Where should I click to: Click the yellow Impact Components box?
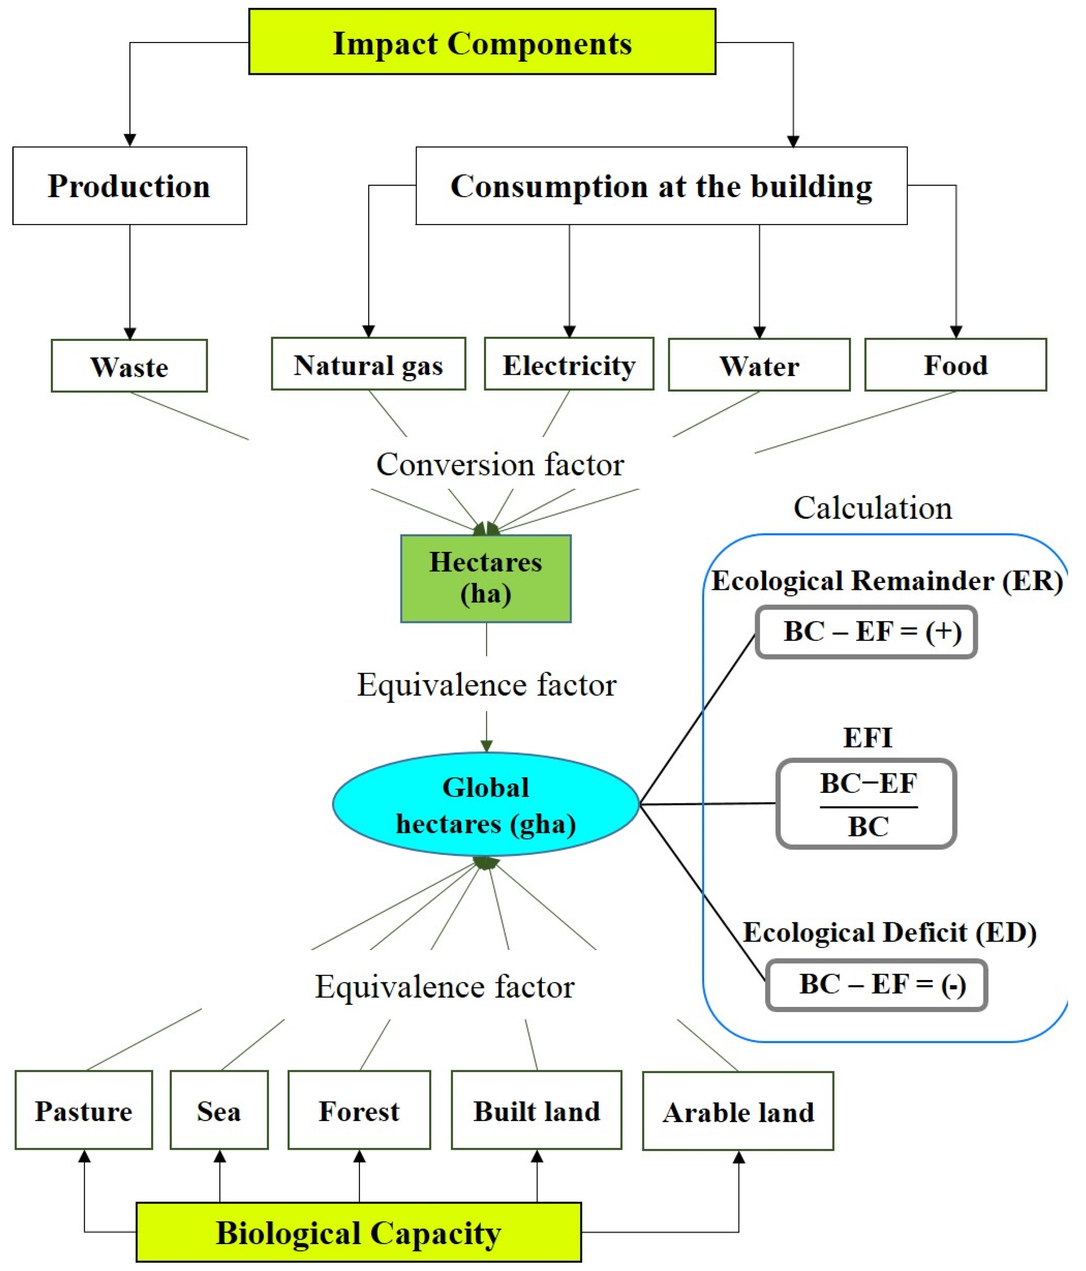click(482, 42)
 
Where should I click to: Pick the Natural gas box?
click(368, 364)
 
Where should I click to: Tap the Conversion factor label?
click(500, 464)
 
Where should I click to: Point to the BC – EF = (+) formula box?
click(866, 632)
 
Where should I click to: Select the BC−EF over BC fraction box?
click(866, 804)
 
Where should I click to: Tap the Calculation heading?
click(872, 508)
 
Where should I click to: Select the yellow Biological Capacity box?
click(359, 1232)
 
